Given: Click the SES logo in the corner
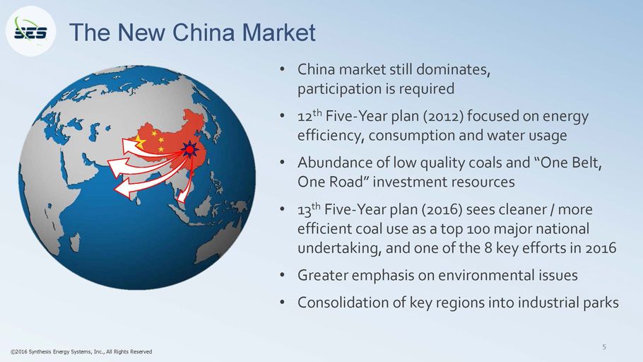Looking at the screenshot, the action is pos(31,31).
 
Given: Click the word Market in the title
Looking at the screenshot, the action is pos(278,33).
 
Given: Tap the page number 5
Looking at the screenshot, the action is pos(604,347).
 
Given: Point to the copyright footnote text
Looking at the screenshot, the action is pos(81,351).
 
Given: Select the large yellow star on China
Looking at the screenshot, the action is pos(139,141).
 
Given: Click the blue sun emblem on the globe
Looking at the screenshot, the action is pos(190,149).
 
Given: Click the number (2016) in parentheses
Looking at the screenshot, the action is pos(443,210).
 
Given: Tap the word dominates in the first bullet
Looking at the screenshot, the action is pos(453,69).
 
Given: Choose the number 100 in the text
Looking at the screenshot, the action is pos(478,229).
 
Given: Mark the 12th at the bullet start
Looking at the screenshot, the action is pos(309,116).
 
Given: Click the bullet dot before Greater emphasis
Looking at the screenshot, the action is pos(282,275).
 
